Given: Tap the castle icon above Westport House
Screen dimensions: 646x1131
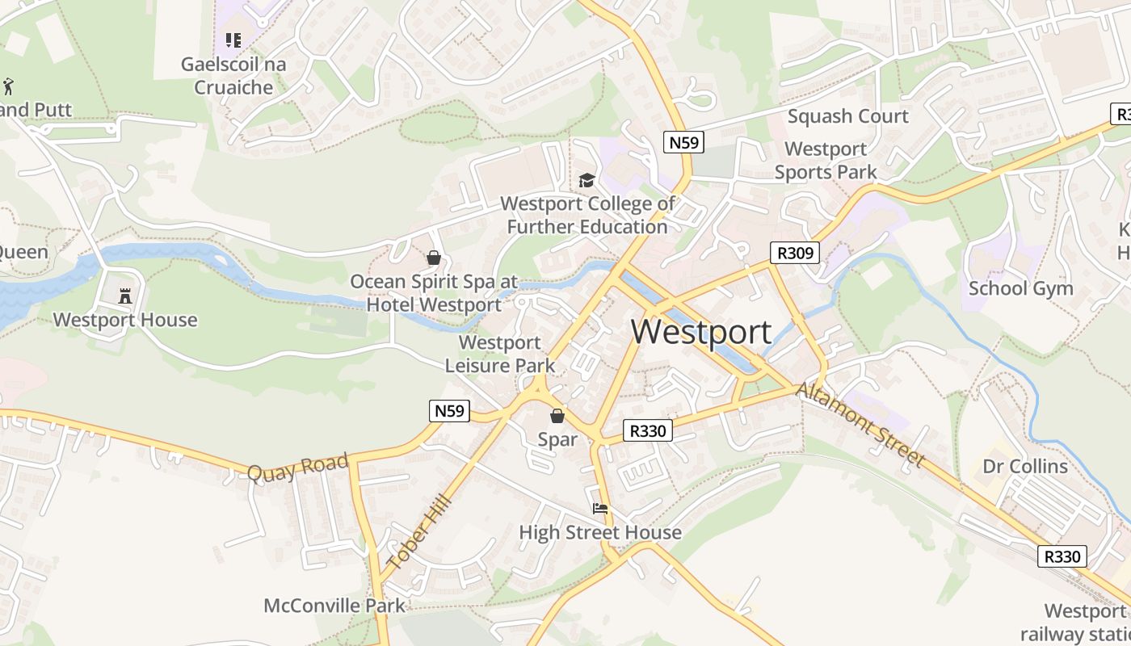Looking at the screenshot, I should click(x=125, y=296).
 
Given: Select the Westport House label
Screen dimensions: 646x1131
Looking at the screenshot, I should click(x=125, y=320).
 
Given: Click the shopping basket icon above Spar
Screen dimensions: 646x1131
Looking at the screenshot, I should click(x=557, y=417).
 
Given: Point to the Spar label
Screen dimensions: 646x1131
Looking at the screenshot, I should click(x=557, y=439).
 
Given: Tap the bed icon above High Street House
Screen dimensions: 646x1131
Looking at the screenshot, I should click(x=600, y=509).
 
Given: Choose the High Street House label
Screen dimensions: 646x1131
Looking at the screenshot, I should click(x=600, y=532).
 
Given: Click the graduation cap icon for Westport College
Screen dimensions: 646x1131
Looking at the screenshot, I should click(x=587, y=180).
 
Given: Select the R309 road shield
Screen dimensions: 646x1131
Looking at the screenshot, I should click(x=794, y=253).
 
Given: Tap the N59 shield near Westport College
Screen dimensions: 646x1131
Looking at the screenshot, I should click(x=683, y=142).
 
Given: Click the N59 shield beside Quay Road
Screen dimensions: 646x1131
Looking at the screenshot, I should click(x=449, y=411).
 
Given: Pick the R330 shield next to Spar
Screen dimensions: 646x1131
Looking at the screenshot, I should click(x=648, y=431).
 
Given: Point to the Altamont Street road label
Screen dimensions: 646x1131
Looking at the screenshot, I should click(x=860, y=425).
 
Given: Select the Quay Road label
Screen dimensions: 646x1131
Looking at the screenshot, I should click(x=297, y=468).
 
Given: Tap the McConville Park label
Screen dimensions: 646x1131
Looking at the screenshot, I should click(x=334, y=605).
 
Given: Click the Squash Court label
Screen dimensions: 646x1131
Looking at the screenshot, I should click(x=848, y=116).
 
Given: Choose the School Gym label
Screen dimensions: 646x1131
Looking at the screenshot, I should click(x=1020, y=288).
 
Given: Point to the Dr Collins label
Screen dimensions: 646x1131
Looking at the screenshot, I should click(x=1025, y=466).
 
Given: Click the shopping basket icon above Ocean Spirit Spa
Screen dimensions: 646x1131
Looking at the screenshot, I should click(x=434, y=258).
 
